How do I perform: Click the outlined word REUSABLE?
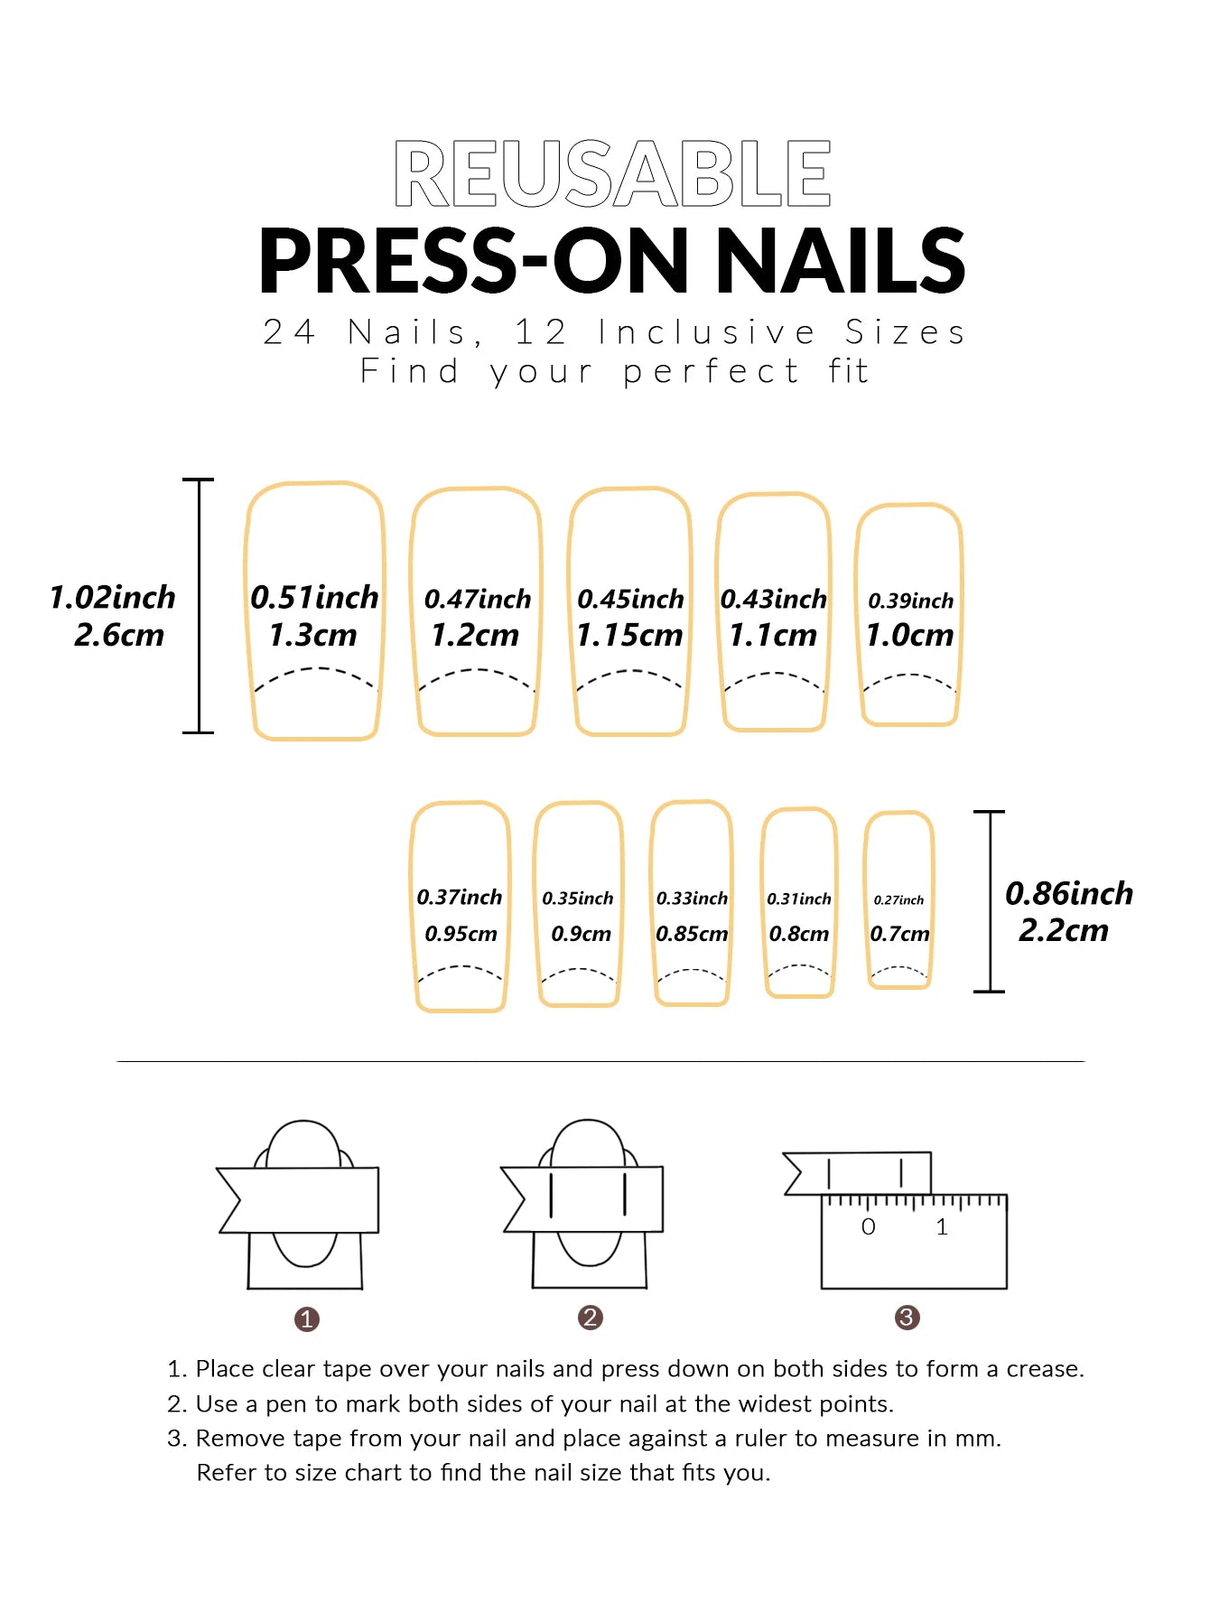coord(612,173)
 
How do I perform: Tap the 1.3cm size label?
coord(313,635)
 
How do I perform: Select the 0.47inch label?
coord(478,599)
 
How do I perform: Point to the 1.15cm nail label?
coord(629,635)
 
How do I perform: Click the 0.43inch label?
coord(773,599)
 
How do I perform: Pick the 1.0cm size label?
coord(909,635)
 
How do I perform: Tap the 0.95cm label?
coord(461,934)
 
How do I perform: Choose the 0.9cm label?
coord(581,934)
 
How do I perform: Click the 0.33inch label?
coord(692,899)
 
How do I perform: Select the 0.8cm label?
coord(798,934)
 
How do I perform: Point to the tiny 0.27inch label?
coord(898,900)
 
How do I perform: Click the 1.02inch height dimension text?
coord(113,597)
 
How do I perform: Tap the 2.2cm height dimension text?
coord(1063,930)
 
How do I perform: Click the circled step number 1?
coord(307,1319)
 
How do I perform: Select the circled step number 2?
coord(590,1318)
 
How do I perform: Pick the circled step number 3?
coord(907,1318)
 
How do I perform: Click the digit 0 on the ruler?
coord(868,1226)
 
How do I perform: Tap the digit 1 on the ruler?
coord(942,1226)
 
